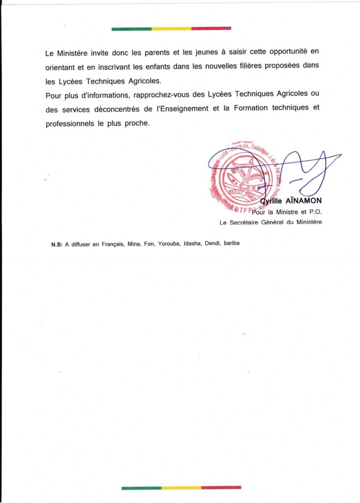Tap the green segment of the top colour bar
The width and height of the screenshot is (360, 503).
click(x=131, y=29)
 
